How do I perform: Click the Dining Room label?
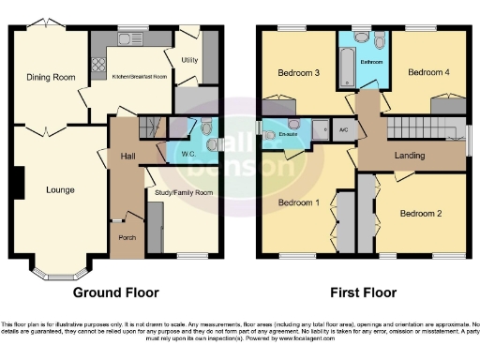pos(51,77)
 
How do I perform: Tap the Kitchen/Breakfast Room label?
pos(141,76)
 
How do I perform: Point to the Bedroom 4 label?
pos(428,72)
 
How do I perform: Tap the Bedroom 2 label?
pos(420,213)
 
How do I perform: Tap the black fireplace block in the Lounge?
pos(18,182)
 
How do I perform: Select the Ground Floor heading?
pos(115,292)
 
